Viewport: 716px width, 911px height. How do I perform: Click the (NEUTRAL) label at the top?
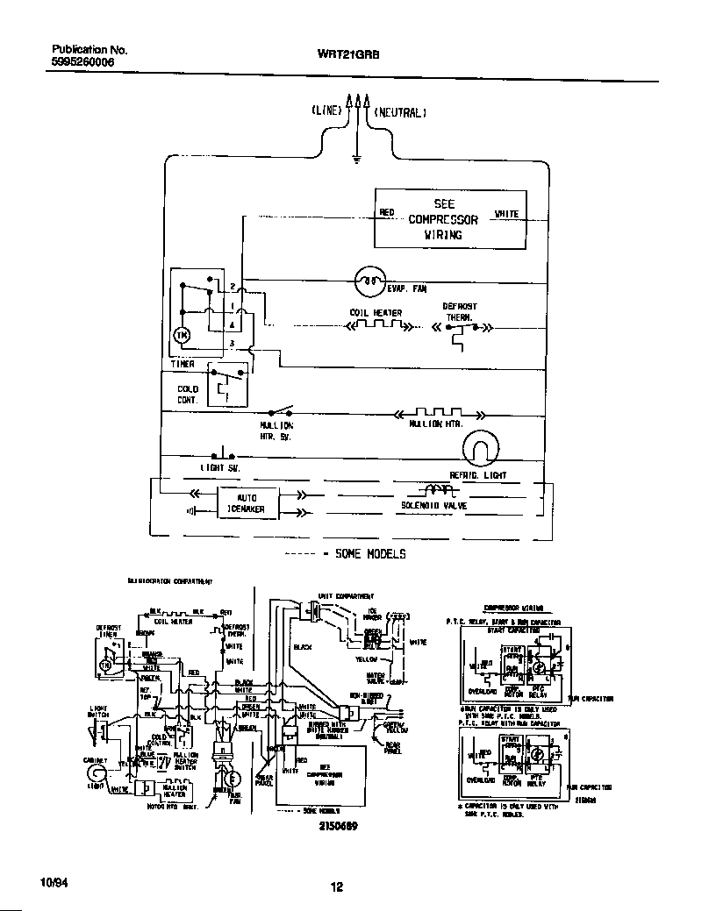point(400,113)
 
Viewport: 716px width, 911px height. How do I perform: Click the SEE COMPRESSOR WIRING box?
point(451,219)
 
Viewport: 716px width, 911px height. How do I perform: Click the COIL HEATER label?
point(376,313)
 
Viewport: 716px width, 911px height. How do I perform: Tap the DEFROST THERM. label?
point(459,312)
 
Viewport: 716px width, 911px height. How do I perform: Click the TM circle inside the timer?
point(183,334)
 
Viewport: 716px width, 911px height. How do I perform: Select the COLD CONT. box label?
point(188,394)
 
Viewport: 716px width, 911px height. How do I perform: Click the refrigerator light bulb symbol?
point(481,449)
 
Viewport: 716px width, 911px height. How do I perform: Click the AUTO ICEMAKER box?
point(247,502)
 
